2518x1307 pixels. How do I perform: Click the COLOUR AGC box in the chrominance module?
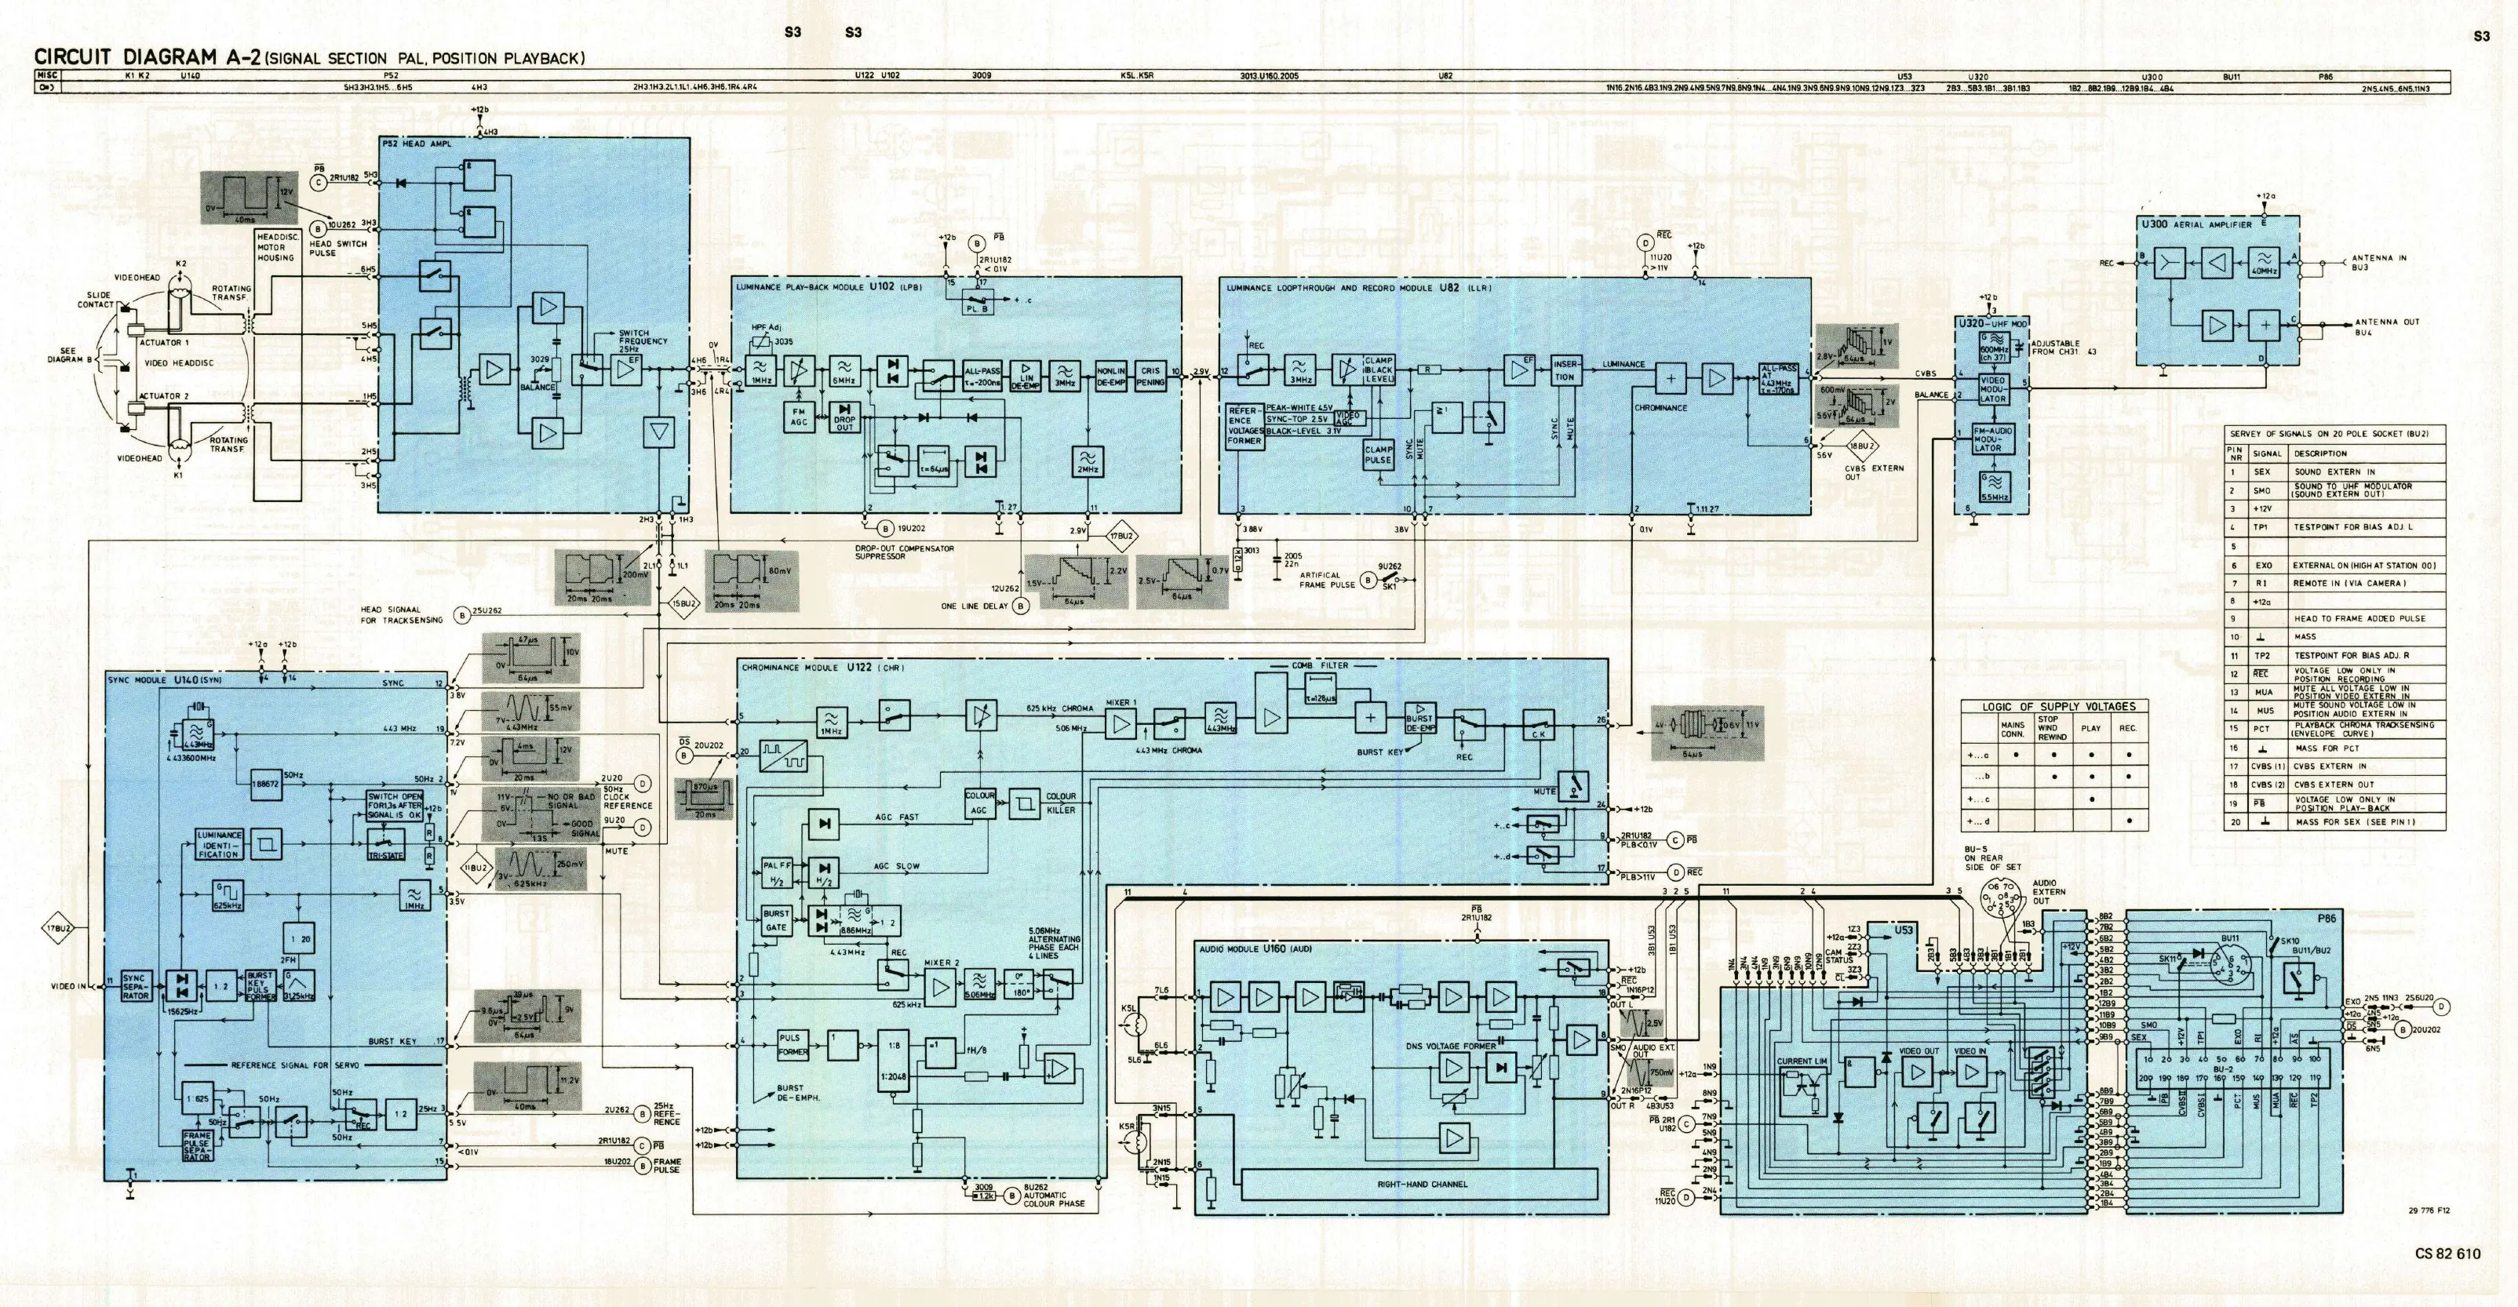[979, 803]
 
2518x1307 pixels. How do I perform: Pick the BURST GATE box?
[776, 920]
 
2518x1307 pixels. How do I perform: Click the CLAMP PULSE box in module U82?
[1378, 454]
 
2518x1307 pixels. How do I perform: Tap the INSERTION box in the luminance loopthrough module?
[1565, 370]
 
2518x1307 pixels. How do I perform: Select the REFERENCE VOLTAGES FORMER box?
[1245, 426]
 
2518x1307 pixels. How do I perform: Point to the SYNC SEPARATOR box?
[135, 986]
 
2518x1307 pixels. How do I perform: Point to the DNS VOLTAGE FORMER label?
[1451, 1046]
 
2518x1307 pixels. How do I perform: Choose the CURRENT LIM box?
[1802, 1061]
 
